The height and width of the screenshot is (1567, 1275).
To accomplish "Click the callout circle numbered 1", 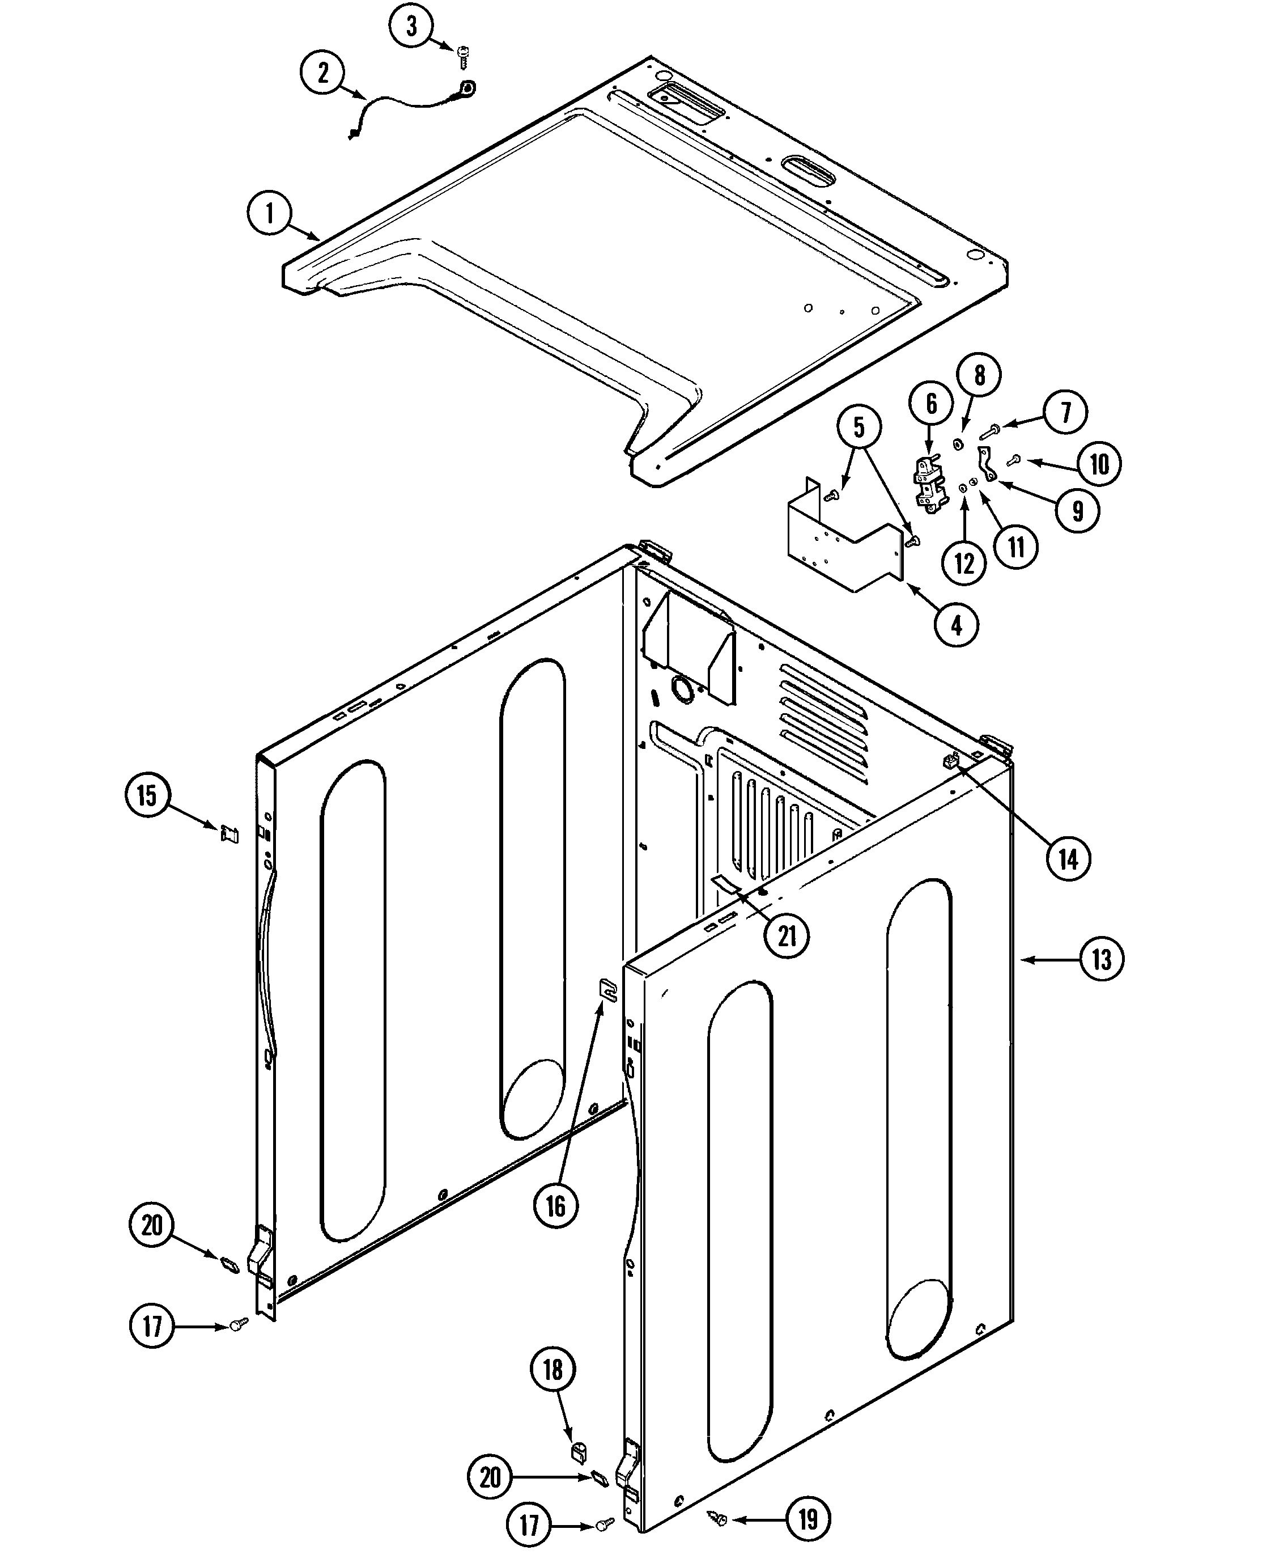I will pos(270,213).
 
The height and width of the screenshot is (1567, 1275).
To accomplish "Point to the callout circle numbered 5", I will pos(858,427).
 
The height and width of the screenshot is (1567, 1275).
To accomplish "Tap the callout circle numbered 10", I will pos(1099,464).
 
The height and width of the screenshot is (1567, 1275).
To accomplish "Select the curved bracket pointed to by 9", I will pos(987,464).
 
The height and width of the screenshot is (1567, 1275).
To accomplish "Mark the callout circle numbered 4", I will pos(957,625).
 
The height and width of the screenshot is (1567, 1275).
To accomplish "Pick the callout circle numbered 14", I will pos(1068,858).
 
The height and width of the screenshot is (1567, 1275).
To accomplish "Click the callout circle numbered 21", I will pos(787,935).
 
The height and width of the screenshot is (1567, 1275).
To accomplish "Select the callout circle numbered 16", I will pos(555,1205).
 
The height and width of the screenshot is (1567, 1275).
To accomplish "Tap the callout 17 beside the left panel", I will pos(152,1326).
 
